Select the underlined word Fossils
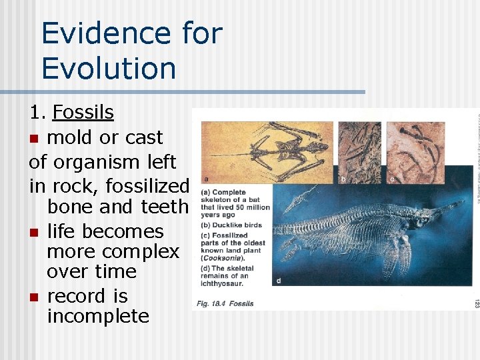tap(83, 112)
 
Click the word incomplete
tap(98, 315)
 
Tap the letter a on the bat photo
tap(207, 179)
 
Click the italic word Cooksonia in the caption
tap(231, 257)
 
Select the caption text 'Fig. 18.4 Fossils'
tap(225, 303)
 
